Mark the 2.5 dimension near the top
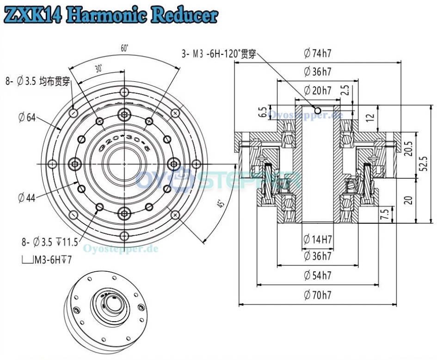(x=345, y=90)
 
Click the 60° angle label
(x=124, y=48)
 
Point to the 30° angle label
(x=98, y=68)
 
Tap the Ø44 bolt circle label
(x=27, y=198)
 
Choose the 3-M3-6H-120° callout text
(x=218, y=54)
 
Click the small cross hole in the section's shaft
(x=317, y=110)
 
